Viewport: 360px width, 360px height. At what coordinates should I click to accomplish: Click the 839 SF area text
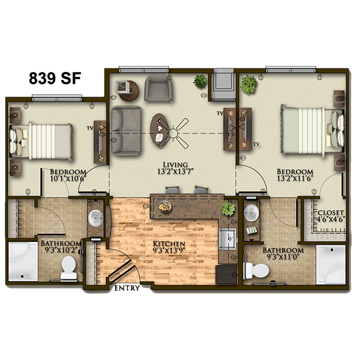click(55, 78)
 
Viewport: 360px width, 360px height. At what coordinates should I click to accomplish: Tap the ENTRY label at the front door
click(127, 288)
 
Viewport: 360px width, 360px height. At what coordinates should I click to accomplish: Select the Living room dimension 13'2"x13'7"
click(175, 172)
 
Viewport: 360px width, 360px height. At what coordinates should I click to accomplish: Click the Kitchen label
click(169, 244)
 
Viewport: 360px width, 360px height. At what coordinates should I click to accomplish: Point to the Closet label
click(331, 212)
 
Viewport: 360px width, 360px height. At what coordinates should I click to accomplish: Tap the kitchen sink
click(227, 239)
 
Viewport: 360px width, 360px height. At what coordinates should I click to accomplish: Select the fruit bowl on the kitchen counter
click(165, 207)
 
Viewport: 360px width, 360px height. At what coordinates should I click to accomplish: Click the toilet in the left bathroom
click(68, 267)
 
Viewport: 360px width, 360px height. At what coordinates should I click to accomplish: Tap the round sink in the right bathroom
click(251, 212)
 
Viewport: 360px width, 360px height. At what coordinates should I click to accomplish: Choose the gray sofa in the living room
click(126, 131)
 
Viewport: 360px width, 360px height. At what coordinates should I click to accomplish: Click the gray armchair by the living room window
click(158, 88)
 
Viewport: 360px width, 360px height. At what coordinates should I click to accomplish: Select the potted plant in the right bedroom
click(248, 84)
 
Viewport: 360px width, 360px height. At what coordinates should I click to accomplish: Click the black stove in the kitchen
click(226, 275)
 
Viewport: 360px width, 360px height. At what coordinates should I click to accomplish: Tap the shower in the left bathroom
click(23, 261)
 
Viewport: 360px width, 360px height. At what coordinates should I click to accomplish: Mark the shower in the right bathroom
click(331, 265)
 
